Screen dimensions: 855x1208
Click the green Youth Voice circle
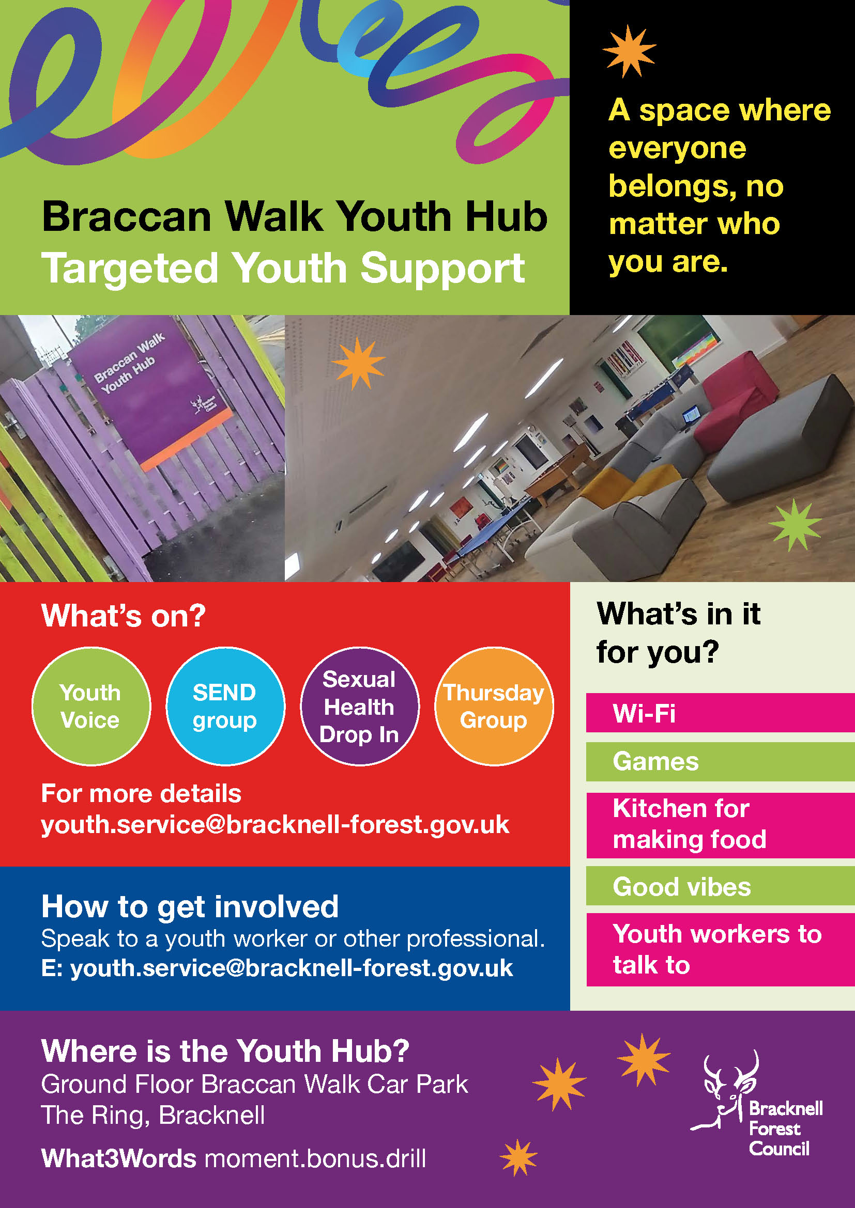pos(91,706)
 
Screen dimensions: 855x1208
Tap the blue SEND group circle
pos(225,706)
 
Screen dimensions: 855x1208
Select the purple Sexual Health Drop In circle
pos(360,706)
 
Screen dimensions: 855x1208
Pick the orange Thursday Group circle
pos(494,706)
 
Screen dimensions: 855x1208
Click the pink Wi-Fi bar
pos(720,713)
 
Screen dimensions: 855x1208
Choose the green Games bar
pos(720,761)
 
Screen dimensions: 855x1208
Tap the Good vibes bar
pos(720,887)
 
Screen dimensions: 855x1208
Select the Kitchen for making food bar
pos(720,824)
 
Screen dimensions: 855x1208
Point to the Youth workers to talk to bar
pos(720,950)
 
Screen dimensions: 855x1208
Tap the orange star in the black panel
pos(629,51)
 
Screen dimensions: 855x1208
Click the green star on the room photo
pos(795,525)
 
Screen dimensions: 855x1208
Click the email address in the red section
pos(276,824)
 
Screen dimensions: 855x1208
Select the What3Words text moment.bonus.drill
pos(315,1158)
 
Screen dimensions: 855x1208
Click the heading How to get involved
pos(190,906)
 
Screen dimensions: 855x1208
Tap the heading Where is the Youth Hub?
pos(225,1050)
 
